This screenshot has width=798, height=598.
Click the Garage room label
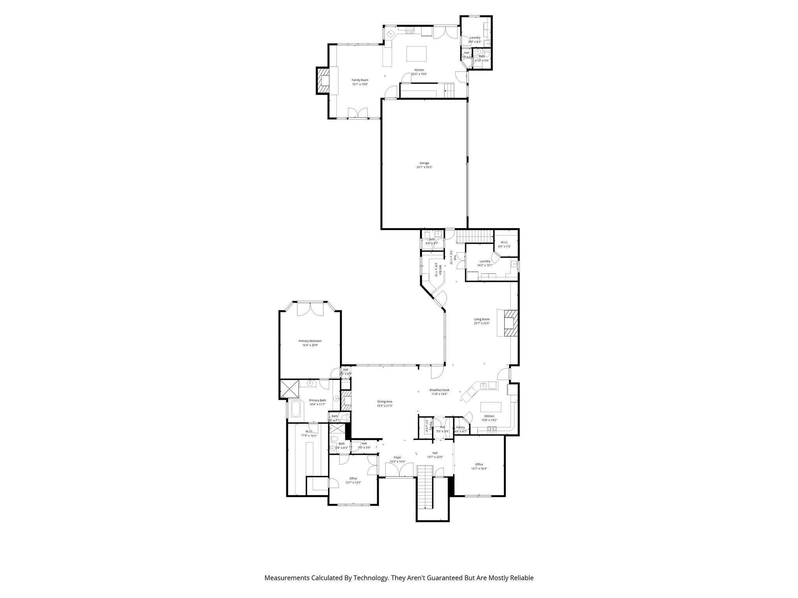pyautogui.click(x=424, y=163)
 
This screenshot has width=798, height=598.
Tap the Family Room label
pyautogui.click(x=360, y=80)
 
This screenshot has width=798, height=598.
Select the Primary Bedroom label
pyautogui.click(x=310, y=341)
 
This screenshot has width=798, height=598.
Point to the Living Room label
pyautogui.click(x=482, y=319)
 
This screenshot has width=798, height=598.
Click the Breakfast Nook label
pyautogui.click(x=439, y=390)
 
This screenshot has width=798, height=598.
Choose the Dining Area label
pyautogui.click(x=384, y=401)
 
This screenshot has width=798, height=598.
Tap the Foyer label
pyautogui.click(x=397, y=457)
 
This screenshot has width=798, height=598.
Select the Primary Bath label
pyautogui.click(x=317, y=400)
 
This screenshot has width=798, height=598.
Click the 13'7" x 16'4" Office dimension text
pyautogui.click(x=479, y=468)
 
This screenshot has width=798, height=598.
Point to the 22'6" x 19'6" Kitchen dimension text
pyautogui.click(x=419, y=74)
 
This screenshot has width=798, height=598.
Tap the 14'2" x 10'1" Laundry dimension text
pyautogui.click(x=485, y=265)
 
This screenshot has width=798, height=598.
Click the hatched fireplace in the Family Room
pyautogui.click(x=323, y=80)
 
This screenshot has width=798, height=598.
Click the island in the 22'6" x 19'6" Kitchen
pyautogui.click(x=417, y=54)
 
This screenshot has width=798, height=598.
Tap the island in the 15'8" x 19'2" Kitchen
pyautogui.click(x=491, y=407)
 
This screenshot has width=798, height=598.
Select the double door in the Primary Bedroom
pyautogui.click(x=310, y=309)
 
